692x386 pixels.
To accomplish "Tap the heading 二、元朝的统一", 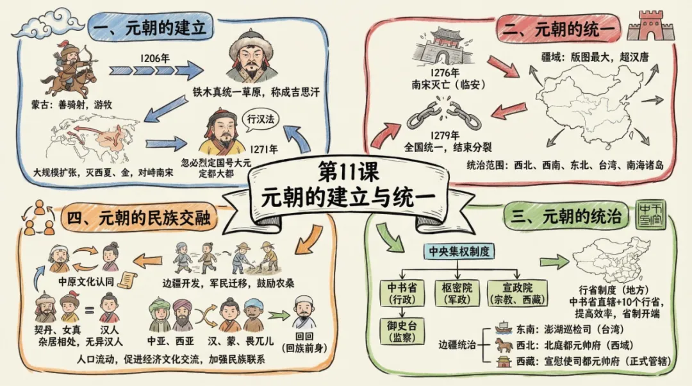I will (559, 28).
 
